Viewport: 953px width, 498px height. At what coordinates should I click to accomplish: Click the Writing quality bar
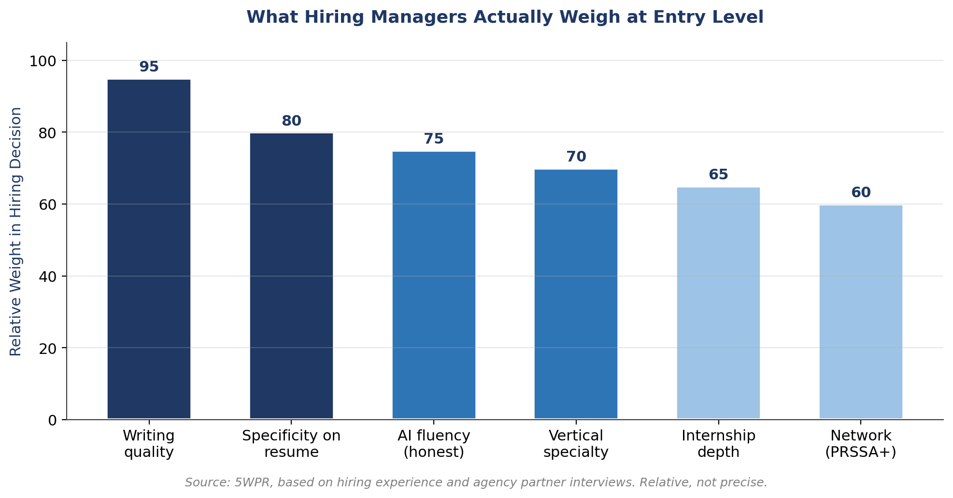click(149, 249)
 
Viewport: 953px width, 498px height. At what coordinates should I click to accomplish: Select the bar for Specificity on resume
click(291, 276)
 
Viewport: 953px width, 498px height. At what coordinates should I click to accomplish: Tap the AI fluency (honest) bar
click(434, 285)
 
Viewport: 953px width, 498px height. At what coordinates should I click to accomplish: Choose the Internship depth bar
click(718, 303)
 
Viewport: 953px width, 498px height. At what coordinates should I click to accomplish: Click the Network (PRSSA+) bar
click(861, 312)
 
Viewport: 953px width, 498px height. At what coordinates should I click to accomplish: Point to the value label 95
click(149, 67)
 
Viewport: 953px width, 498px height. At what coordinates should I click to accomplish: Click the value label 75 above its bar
click(434, 139)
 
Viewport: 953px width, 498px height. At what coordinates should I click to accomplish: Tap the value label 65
click(718, 175)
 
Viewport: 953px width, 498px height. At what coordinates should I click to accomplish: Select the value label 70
click(576, 157)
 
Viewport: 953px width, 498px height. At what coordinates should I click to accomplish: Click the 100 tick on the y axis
click(43, 61)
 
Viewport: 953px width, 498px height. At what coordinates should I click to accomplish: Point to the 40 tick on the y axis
click(47, 277)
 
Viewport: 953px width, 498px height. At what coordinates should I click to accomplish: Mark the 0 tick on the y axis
click(52, 420)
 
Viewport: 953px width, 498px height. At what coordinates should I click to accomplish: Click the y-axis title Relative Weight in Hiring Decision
click(16, 231)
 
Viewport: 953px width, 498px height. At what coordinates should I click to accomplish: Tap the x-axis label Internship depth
click(718, 444)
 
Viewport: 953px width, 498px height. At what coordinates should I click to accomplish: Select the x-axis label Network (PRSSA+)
click(861, 444)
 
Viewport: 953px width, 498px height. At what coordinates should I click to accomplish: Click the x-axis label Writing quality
click(149, 444)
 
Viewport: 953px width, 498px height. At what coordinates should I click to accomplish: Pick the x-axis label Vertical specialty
click(576, 444)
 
